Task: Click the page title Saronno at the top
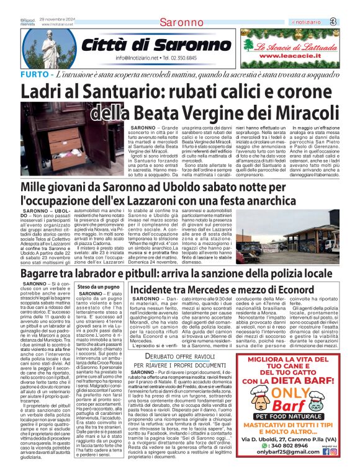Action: [x=180, y=23]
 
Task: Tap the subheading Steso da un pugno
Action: [x=98, y=288]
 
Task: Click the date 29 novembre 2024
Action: [x=56, y=20]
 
